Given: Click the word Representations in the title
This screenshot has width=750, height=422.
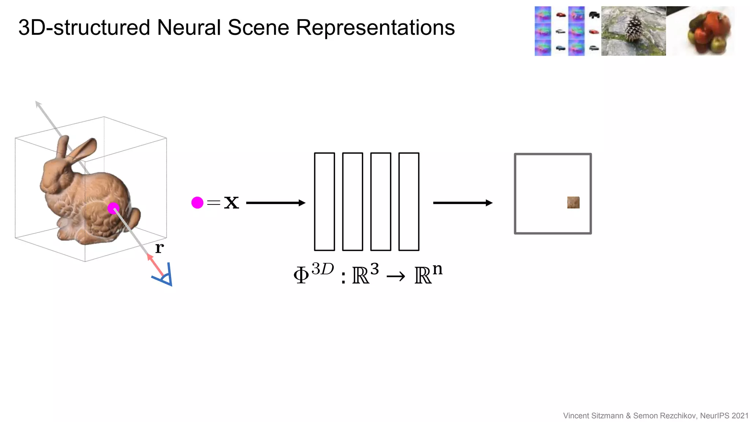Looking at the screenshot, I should [x=375, y=27].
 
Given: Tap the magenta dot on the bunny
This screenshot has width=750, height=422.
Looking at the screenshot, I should [x=113, y=208].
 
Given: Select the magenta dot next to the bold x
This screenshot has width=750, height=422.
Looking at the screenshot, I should [x=197, y=203].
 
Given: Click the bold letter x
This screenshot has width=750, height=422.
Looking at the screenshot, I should [x=231, y=203].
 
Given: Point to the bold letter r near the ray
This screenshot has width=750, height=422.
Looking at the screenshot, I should [x=159, y=248].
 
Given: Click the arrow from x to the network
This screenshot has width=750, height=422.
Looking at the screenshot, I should [x=275, y=203].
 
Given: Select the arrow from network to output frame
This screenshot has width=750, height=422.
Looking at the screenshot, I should [x=463, y=203].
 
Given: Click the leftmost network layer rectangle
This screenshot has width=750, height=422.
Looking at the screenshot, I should [x=324, y=201].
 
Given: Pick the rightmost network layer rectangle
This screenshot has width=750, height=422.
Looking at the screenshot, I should [x=409, y=201].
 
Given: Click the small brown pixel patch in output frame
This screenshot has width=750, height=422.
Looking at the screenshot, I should [x=573, y=203].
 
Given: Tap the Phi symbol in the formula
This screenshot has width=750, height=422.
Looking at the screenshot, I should [x=301, y=275].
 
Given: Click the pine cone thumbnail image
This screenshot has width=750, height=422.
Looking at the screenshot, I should [x=633, y=31].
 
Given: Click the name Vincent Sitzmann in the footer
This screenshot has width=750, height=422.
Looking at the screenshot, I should [x=593, y=415].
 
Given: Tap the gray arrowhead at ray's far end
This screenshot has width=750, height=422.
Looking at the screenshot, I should [x=38, y=104].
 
